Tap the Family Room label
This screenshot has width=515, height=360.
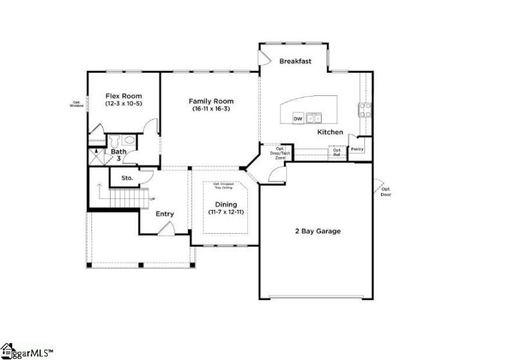211,104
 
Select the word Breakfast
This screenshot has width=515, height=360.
295,62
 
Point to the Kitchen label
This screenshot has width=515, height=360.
330,132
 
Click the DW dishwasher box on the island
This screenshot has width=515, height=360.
298,119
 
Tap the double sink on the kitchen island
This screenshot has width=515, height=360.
314,118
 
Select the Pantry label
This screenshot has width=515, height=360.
357,149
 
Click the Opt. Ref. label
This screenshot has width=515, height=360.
337,152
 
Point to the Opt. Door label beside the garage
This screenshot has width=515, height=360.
385,191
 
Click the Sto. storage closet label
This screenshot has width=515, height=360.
127,177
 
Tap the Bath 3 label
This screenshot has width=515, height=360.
118,155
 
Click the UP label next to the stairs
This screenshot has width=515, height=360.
152,198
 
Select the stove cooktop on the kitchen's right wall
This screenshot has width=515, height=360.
365,111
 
